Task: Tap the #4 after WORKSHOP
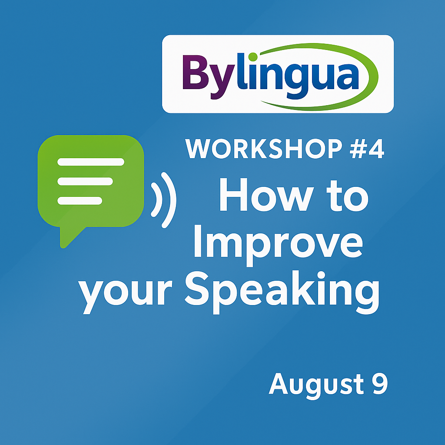[367, 149]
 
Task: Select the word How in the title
[267, 195]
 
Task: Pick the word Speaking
[282, 292]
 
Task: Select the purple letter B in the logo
[196, 72]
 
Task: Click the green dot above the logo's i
[252, 57]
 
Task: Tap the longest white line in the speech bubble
[91, 162]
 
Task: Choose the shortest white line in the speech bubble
[80, 201]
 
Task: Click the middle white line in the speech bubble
[85, 181]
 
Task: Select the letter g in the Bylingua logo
[296, 82]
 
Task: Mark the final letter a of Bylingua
[348, 76]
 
